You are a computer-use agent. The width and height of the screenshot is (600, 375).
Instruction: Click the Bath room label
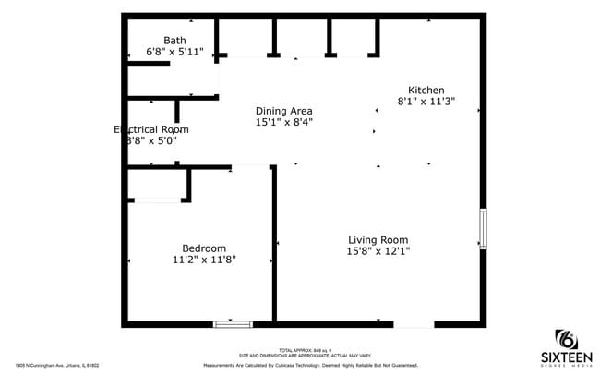click(174, 40)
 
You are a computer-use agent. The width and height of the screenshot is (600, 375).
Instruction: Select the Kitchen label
click(426, 89)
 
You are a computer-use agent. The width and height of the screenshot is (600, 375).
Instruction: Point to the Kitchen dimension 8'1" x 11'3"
click(426, 102)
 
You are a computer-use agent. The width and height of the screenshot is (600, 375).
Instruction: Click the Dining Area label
click(283, 111)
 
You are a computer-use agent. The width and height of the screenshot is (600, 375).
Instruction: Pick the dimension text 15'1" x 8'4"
click(283, 123)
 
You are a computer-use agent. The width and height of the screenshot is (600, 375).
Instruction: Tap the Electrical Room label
click(150, 129)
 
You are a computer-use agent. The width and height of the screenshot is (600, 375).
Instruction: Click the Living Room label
click(378, 239)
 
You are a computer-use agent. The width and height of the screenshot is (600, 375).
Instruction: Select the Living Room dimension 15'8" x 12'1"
click(378, 251)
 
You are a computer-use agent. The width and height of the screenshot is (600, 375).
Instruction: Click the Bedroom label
click(204, 248)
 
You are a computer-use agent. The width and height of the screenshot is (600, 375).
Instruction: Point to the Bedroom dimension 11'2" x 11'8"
click(204, 260)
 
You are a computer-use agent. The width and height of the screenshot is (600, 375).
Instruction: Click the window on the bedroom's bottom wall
click(233, 323)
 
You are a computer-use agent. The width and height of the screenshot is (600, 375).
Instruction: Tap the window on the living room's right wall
click(482, 228)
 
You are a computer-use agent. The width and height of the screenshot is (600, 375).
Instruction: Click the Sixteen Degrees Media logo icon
click(565, 338)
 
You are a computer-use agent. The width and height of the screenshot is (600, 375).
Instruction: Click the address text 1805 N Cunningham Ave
click(57, 365)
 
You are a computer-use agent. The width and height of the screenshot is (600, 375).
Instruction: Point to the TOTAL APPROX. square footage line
click(299, 350)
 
